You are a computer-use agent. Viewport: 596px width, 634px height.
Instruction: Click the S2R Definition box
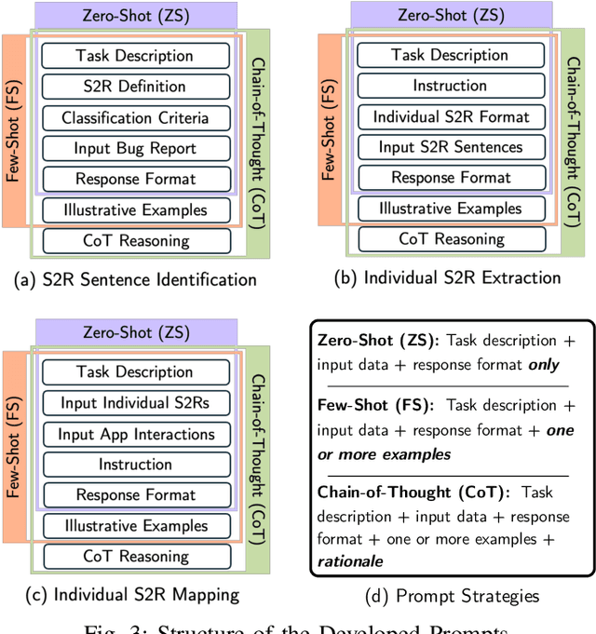(135, 87)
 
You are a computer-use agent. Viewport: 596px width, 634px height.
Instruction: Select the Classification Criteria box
(135, 118)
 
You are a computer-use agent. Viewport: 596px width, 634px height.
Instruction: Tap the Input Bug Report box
(135, 149)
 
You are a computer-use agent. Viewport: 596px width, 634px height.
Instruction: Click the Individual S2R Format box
(451, 117)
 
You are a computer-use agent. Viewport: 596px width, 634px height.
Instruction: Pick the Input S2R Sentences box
(451, 147)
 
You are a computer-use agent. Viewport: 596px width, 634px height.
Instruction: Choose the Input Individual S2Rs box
(135, 403)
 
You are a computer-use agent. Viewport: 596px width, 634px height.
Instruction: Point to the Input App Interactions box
(135, 434)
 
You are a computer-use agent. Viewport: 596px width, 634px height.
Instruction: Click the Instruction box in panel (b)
(451, 86)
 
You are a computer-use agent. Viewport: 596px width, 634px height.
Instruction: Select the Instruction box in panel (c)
(135, 465)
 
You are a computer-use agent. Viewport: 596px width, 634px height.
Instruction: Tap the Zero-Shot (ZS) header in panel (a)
(135, 16)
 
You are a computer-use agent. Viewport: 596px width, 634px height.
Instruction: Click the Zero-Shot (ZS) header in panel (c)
(135, 332)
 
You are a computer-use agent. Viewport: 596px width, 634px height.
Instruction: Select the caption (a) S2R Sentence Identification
(129, 278)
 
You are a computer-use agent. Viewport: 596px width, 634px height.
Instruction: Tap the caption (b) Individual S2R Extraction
(449, 277)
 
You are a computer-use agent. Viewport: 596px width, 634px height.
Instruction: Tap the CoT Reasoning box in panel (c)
(135, 556)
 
